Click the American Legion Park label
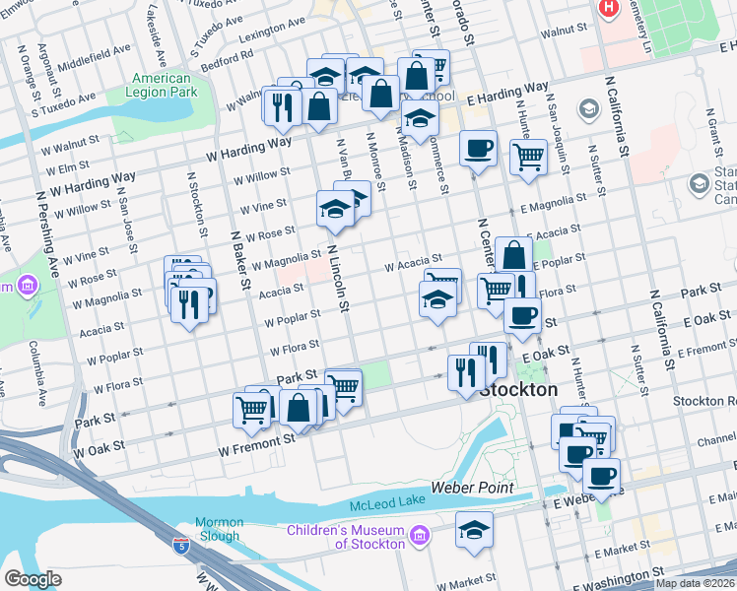click(x=162, y=85)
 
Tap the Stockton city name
click(x=518, y=390)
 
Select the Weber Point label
click(x=473, y=488)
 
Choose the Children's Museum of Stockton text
click(x=346, y=537)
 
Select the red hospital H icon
click(x=609, y=8)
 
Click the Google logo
click(x=33, y=579)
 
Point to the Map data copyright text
click(x=695, y=583)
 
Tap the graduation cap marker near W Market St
click(x=474, y=530)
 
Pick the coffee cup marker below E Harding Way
click(x=479, y=149)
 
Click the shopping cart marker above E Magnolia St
click(x=528, y=157)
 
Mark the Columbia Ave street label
click(x=36, y=361)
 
